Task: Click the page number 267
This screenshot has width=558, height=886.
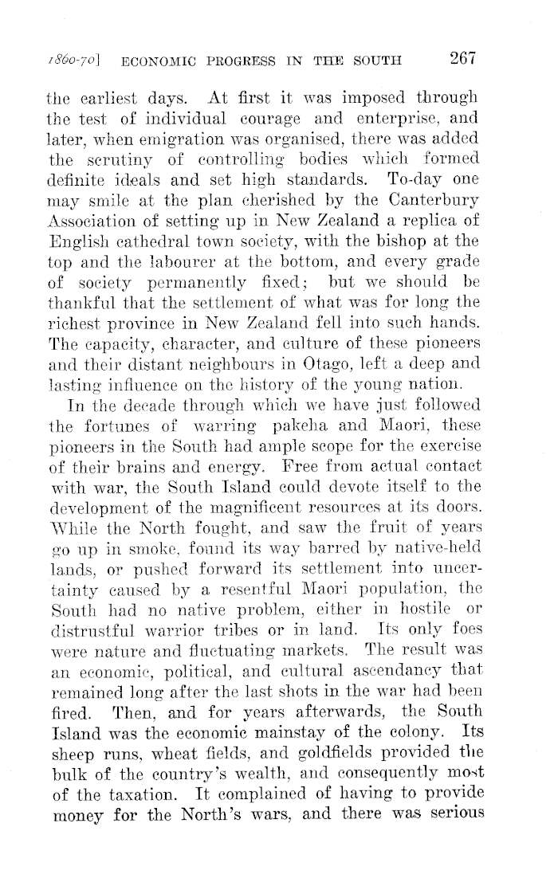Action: click(x=462, y=57)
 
